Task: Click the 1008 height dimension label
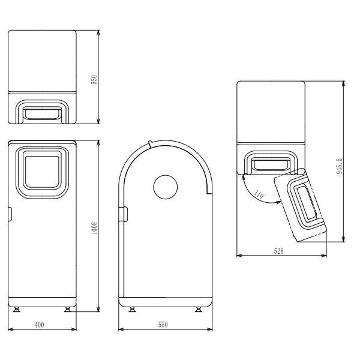[94, 228]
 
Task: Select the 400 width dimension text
[39, 325]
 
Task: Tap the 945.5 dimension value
[340, 166]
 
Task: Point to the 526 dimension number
[278, 251]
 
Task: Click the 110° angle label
[259, 195]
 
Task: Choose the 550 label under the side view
[163, 325]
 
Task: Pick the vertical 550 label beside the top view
[94, 80]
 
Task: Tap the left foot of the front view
[17, 310]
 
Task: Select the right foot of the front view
[68, 310]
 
